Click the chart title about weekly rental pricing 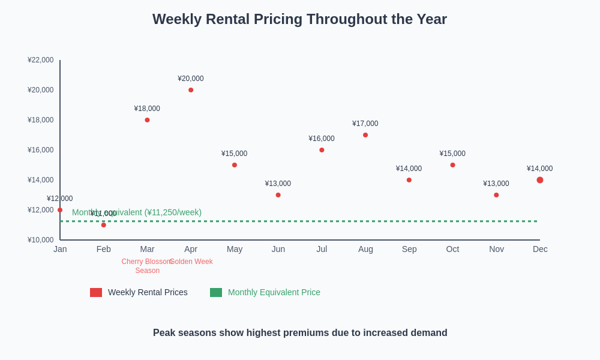click(x=299, y=19)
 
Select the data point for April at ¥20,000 click(x=191, y=90)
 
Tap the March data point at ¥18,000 click(x=147, y=120)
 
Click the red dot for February click(x=104, y=225)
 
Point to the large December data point click(x=540, y=180)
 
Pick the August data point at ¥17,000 click(x=365, y=135)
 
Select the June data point click(x=278, y=195)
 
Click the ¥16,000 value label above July click(x=322, y=139)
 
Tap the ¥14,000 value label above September click(x=409, y=169)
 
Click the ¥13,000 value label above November click(x=496, y=184)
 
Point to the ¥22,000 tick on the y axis click(x=41, y=60)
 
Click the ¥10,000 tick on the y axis click(x=41, y=240)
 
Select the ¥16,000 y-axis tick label click(x=41, y=150)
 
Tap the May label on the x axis click(x=235, y=249)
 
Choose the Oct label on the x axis click(x=452, y=249)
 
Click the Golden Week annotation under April click(x=191, y=262)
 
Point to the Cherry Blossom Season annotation click(x=147, y=266)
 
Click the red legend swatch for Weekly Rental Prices click(x=96, y=292)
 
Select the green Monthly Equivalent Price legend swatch click(x=216, y=292)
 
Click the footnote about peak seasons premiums click(x=300, y=333)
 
